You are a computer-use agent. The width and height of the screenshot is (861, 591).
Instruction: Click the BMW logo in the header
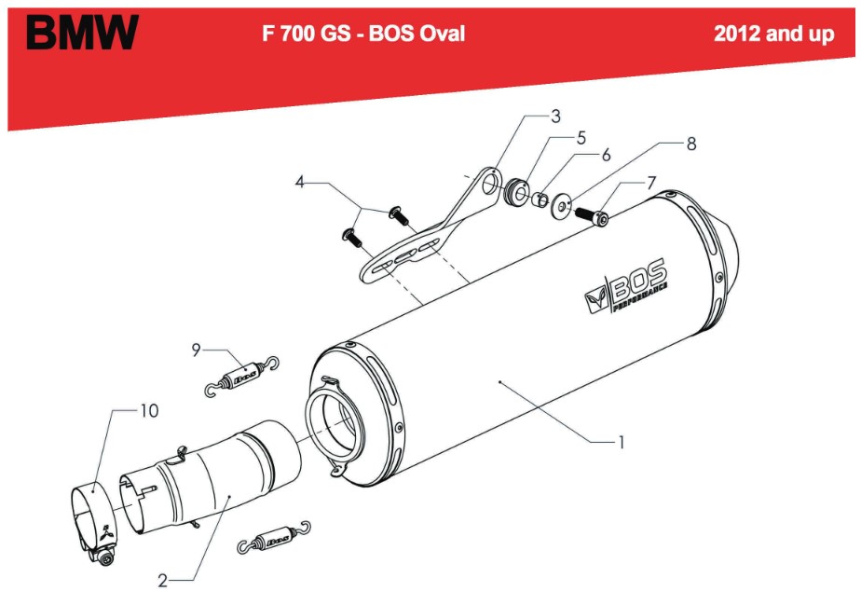tap(82, 34)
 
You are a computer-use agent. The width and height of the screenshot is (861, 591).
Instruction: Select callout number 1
tap(620, 442)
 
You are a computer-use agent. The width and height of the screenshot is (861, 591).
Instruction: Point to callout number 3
tap(555, 117)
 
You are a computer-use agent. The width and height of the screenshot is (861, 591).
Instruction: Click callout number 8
tap(691, 144)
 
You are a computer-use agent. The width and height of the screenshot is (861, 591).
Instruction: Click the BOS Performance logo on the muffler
tap(625, 285)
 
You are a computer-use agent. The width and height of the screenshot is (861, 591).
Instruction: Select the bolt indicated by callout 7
tap(595, 216)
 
